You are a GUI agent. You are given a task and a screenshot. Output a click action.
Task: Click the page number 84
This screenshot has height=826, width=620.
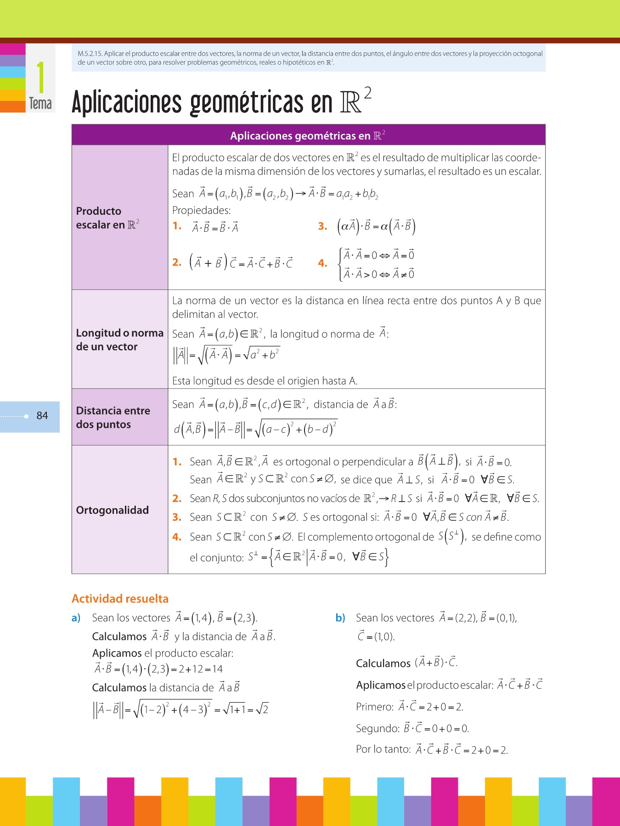coord(42,416)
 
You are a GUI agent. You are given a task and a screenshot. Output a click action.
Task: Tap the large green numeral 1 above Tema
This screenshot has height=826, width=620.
coord(41,78)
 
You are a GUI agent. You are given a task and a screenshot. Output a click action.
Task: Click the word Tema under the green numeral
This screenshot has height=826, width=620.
coord(40,104)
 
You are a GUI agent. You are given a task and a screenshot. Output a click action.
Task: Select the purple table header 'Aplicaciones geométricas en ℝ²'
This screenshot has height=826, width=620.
coord(308,135)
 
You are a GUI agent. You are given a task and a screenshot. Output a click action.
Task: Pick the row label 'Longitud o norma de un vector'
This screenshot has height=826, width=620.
coord(119,340)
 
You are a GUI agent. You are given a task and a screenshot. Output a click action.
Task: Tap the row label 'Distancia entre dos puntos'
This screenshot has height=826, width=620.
coord(113,418)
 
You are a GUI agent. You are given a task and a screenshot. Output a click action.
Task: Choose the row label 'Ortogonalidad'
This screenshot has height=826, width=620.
coord(113,510)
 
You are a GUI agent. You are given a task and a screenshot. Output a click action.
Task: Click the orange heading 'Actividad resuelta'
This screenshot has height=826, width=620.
coord(120,599)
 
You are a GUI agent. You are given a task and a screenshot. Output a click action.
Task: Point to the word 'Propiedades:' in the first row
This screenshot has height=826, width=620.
coord(201,211)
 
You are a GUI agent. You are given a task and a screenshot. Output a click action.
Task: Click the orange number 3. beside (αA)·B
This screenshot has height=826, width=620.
coord(322,226)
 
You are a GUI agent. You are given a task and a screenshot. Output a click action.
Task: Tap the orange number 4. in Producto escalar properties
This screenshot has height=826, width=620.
coord(322,263)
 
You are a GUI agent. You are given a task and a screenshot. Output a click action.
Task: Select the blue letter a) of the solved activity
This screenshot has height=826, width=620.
coord(76,618)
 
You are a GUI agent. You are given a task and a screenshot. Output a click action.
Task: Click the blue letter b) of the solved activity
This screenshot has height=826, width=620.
coord(340,618)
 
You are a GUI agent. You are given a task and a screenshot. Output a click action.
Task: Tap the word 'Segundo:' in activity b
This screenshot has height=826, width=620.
coord(377,728)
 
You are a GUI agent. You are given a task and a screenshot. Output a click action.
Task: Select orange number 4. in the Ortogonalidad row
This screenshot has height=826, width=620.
coord(177,537)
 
